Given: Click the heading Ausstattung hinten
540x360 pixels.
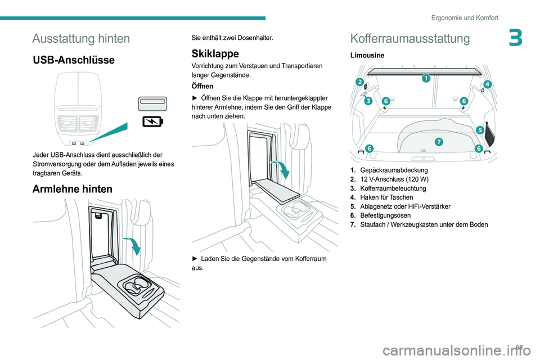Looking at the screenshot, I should (x=81, y=38).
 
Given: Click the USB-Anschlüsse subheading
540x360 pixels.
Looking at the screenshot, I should (x=74, y=60).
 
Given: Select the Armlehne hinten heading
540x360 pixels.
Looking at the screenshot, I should (x=73, y=189).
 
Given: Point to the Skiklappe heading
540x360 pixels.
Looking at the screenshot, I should (x=215, y=53).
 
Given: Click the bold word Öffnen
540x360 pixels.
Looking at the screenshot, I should (x=203, y=87).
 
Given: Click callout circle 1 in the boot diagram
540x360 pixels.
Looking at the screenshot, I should (x=426, y=78).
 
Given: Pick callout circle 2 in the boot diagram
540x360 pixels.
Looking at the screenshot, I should (x=359, y=82).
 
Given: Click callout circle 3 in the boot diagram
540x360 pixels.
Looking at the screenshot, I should (x=368, y=101).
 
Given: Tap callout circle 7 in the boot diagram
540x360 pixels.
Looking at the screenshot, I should (x=438, y=141).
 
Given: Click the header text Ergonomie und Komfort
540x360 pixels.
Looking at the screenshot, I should (x=465, y=17).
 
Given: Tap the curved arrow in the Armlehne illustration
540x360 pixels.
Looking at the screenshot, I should (x=134, y=245).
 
